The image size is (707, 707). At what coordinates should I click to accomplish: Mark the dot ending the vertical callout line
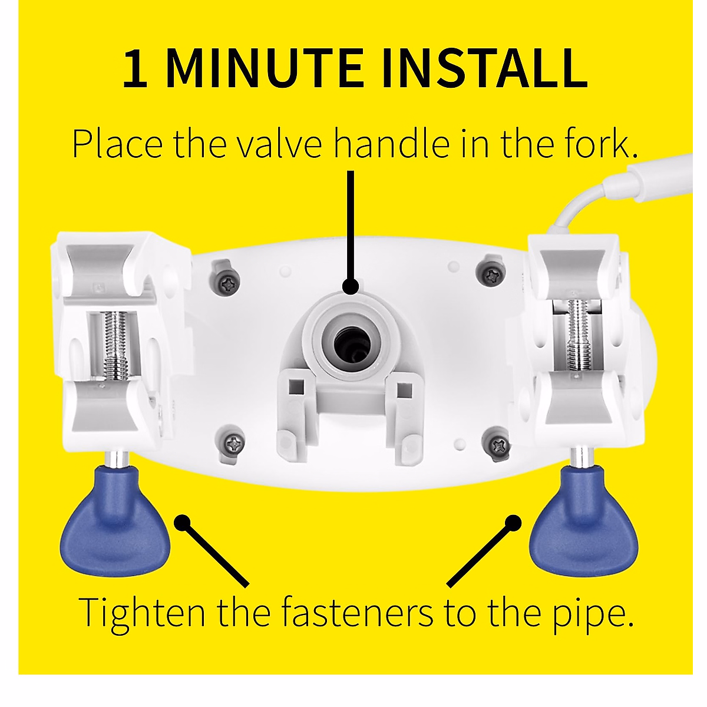(x=351, y=286)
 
